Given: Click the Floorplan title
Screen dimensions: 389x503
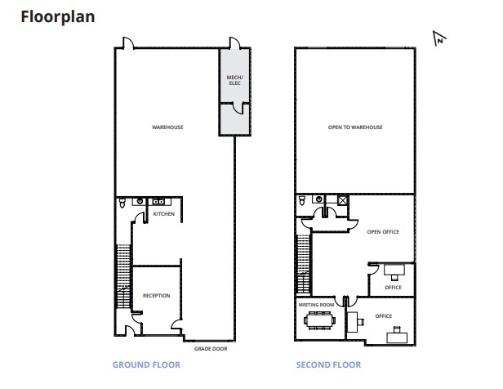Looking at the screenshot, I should pyautogui.click(x=58, y=16).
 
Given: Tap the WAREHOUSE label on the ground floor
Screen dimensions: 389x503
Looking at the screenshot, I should pyautogui.click(x=167, y=127).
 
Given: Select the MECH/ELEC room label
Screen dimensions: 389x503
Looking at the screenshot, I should pyautogui.click(x=234, y=80).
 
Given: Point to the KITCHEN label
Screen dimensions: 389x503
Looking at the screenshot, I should pyautogui.click(x=164, y=214).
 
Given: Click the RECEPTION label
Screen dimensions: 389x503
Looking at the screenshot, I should pyautogui.click(x=156, y=295).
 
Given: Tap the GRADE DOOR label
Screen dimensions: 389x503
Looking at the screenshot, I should pyautogui.click(x=210, y=349).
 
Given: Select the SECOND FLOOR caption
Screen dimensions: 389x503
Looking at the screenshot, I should pyautogui.click(x=328, y=364).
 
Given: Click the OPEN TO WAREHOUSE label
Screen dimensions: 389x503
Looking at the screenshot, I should pyautogui.click(x=355, y=127).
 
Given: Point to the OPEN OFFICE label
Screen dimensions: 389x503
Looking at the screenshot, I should pyautogui.click(x=382, y=232).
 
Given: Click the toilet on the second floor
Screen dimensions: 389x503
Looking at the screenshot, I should pyautogui.click(x=303, y=201).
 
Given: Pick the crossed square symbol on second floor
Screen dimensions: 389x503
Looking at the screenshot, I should pyautogui.click(x=343, y=199).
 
